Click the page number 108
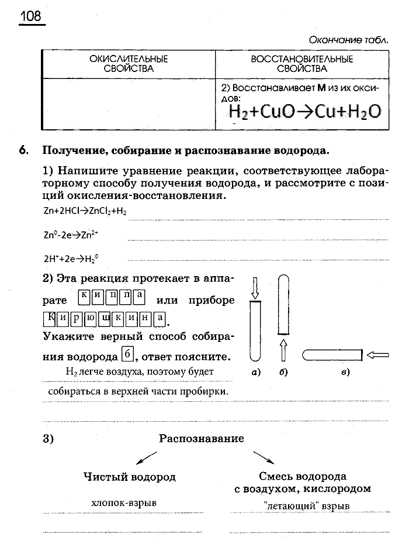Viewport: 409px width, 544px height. [x=31, y=16]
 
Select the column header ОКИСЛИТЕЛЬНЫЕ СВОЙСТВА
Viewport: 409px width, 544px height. [x=129, y=64]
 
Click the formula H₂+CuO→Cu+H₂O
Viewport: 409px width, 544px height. [x=304, y=111]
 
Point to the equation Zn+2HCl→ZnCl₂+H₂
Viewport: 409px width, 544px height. [x=85, y=211]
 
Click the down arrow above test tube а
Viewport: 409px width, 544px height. [x=254, y=287]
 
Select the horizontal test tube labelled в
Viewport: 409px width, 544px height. [x=332, y=354]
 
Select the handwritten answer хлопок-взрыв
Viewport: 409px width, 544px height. [x=124, y=502]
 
